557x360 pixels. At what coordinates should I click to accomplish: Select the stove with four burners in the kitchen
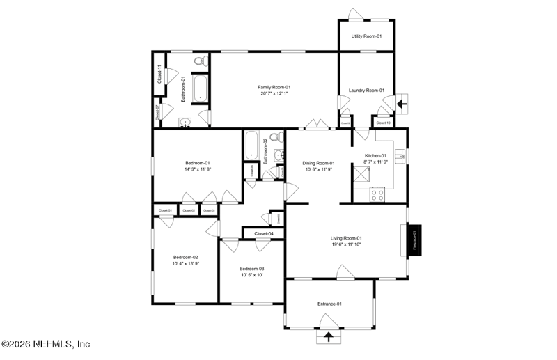[377, 194]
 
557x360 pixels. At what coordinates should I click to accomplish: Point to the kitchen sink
[400, 156]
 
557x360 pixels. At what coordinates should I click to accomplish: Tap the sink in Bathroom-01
[185, 123]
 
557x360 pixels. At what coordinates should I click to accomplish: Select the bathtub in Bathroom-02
[251, 146]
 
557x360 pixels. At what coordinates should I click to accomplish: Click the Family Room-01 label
[274, 87]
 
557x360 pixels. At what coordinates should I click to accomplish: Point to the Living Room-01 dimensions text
[346, 244]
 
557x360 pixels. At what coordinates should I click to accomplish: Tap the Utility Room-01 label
[366, 36]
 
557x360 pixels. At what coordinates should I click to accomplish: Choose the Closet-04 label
[263, 233]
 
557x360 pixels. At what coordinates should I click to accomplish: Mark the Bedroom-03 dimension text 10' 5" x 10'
[251, 276]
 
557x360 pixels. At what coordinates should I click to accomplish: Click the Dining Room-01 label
[319, 163]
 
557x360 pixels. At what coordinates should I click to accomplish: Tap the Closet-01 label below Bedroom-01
[165, 210]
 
